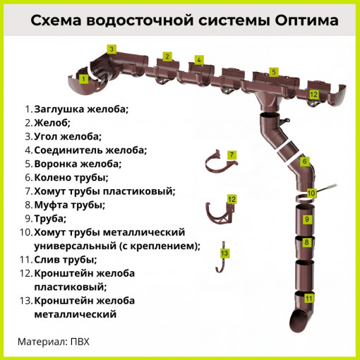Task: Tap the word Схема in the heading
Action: pos(54,20)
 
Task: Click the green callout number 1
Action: pos(84,79)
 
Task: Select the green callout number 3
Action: pos(112,49)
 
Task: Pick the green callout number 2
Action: pos(167,56)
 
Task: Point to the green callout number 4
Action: pos(199,60)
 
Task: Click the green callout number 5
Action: pos(273,71)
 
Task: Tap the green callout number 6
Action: pos(305,162)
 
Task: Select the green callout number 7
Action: pos(231,154)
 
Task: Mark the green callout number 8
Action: pos(307,243)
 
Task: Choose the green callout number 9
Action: pos(307,220)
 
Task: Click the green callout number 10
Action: pos(311,193)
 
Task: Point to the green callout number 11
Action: pos(308,298)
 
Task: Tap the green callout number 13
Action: pos(224,253)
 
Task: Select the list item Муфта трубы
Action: pos(69,205)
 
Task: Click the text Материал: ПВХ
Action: pos(54,342)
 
